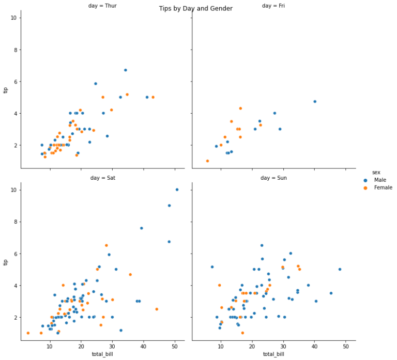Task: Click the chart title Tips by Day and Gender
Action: tap(195, 9)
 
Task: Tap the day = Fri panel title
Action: tap(273, 6)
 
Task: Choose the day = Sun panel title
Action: tap(273, 178)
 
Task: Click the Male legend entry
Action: tap(380, 180)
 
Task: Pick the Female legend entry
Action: tap(383, 187)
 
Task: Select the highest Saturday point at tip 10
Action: tap(177, 190)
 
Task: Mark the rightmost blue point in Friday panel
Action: tap(315, 102)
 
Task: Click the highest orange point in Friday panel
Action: tap(240, 108)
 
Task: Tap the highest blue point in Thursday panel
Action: tap(125, 70)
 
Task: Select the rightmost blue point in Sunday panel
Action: tap(340, 269)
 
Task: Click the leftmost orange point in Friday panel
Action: tap(207, 161)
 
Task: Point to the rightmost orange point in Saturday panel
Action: tap(157, 309)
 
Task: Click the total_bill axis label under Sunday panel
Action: tap(273, 354)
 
